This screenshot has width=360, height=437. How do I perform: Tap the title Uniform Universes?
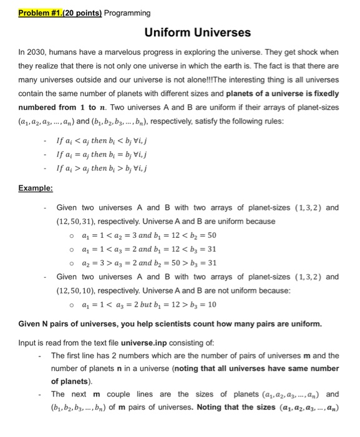197,32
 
